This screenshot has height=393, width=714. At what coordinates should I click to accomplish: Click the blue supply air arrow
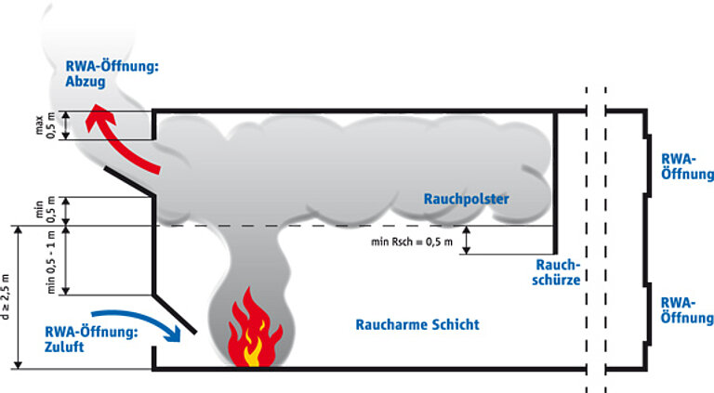coord(141,319)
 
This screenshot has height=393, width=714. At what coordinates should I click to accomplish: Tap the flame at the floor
coord(254,328)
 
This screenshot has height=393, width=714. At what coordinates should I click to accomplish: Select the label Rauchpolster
coord(467,199)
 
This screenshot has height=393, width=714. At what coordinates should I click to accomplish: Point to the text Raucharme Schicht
coord(417,324)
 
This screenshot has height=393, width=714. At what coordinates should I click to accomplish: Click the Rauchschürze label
coord(557,272)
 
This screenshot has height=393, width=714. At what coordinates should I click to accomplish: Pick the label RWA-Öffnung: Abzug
coord(112,73)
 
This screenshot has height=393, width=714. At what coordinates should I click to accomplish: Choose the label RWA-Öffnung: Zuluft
coord(91,339)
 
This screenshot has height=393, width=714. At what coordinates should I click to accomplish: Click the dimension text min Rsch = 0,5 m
coord(412,242)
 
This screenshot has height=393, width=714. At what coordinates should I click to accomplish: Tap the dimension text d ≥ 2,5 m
coord(5,296)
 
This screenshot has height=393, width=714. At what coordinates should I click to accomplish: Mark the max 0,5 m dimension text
coord(45,125)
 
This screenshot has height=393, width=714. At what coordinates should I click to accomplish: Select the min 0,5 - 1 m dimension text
coord(50,262)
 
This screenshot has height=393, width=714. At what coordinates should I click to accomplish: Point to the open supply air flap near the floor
coord(175,314)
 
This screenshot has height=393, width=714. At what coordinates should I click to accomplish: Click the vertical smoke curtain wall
coord(555,182)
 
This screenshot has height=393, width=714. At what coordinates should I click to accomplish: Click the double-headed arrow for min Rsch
coord(466,240)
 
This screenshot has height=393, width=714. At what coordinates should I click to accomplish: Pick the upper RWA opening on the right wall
coord(647,165)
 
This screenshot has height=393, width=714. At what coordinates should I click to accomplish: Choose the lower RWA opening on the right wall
coord(647,314)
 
